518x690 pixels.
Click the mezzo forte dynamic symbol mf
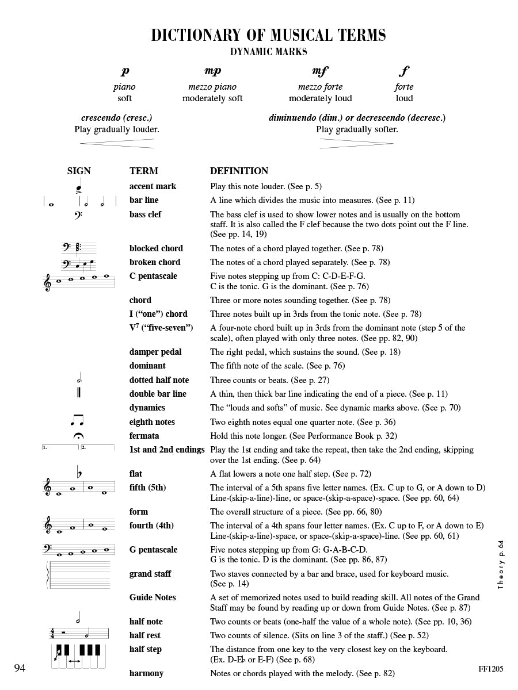pyautogui.click(x=320, y=72)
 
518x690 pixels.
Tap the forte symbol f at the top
pyautogui.click(x=404, y=72)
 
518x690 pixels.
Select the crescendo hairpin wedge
pyautogui.click(x=117, y=143)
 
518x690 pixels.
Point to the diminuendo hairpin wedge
pyautogui.click(x=356, y=143)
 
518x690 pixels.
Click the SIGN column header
pyautogui.click(x=79, y=171)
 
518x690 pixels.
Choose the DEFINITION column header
pyautogui.click(x=239, y=171)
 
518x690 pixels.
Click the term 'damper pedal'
pyautogui.click(x=155, y=352)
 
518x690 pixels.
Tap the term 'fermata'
pyautogui.click(x=144, y=436)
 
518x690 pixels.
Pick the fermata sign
pyautogui.click(x=78, y=436)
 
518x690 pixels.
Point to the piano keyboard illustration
pyautogui.click(x=78, y=655)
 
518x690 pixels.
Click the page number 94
pyautogui.click(x=20, y=668)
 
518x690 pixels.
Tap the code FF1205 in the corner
pyautogui.click(x=490, y=669)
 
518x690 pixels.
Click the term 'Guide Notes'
pyautogui.click(x=153, y=597)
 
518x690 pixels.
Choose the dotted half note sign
pyautogui.click(x=78, y=379)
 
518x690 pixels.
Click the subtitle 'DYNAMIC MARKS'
pyautogui.click(x=268, y=52)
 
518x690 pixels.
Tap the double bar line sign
pyautogui.click(x=79, y=394)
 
